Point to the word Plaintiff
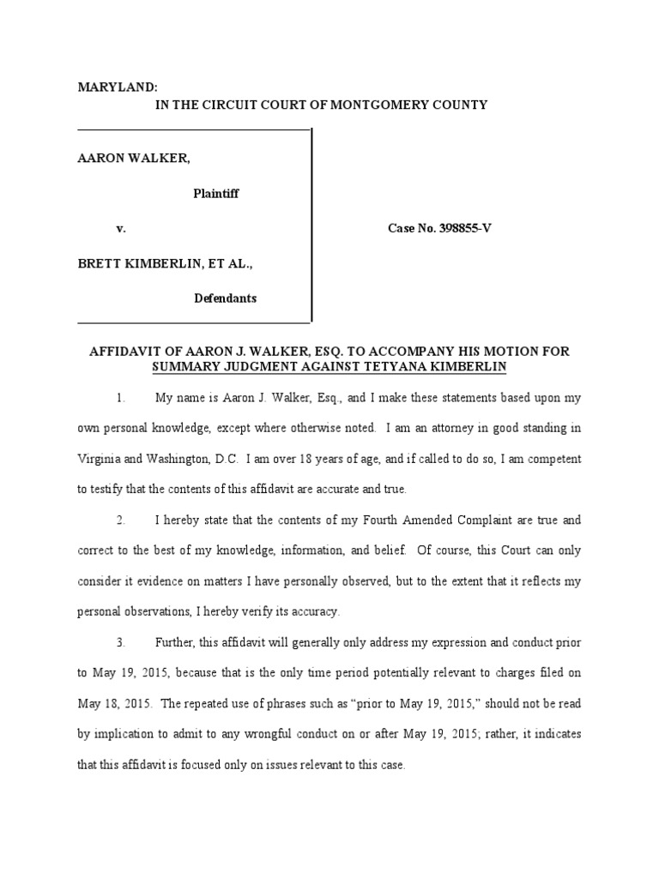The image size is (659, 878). click(x=215, y=193)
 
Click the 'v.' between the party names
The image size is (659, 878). click(x=121, y=229)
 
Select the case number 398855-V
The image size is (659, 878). click(x=455, y=229)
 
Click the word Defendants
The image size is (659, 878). click(x=225, y=298)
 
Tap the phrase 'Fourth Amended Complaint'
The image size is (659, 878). click(x=431, y=520)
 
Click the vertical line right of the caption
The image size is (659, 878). click(x=311, y=225)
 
